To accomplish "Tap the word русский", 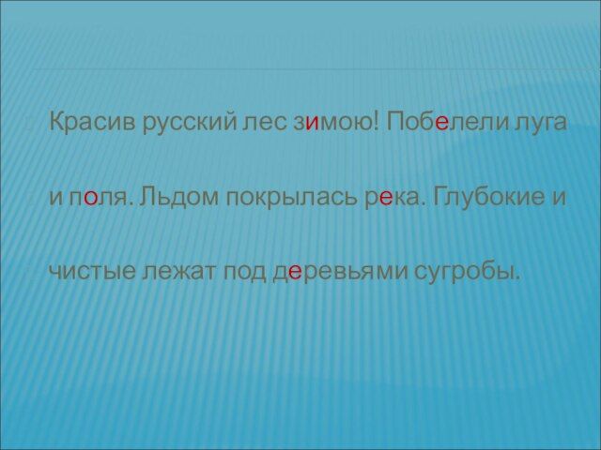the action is [191, 125].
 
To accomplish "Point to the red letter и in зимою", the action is [313, 124].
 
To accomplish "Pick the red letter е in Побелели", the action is [441, 124].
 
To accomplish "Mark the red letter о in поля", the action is [90, 198].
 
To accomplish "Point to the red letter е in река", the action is [386, 198].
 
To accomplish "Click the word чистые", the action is [92, 272].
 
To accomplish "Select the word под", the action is [244, 273].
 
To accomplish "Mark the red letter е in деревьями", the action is [295, 272].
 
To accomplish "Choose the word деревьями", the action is [339, 273].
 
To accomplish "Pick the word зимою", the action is [332, 124].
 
